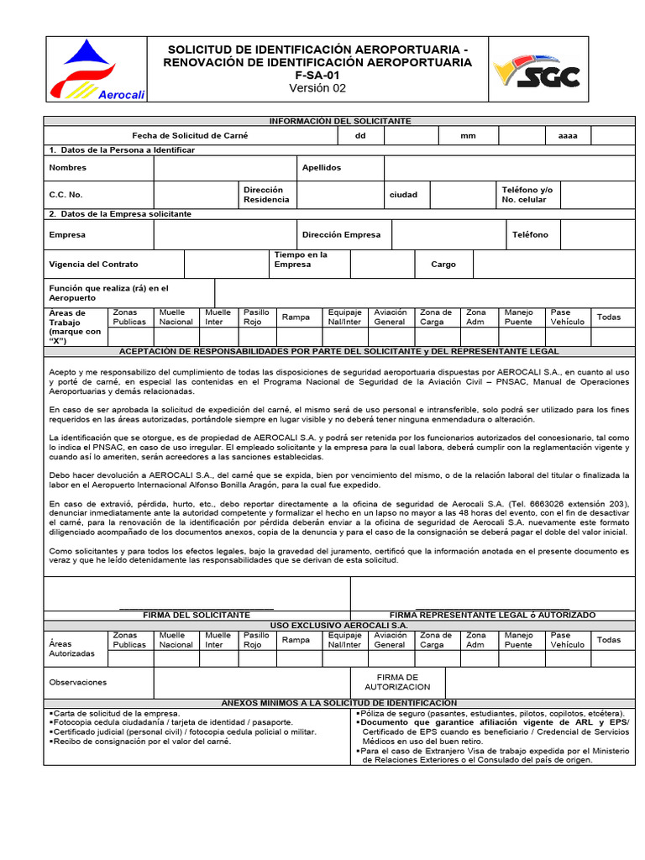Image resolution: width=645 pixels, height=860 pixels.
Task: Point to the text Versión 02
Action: click(x=317, y=88)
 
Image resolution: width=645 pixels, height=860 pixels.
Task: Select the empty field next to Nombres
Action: click(x=224, y=168)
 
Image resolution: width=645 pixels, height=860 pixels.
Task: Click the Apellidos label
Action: click(x=322, y=168)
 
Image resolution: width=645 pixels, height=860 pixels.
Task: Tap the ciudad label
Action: click(x=403, y=195)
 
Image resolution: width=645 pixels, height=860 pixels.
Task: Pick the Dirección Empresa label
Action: click(x=341, y=235)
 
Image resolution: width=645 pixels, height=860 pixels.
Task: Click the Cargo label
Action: click(x=443, y=265)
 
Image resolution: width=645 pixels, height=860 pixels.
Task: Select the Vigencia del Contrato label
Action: click(x=93, y=265)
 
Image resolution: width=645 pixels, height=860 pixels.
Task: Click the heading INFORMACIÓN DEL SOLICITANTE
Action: click(x=339, y=121)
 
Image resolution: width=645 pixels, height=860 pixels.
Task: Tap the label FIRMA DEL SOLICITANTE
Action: click(x=197, y=616)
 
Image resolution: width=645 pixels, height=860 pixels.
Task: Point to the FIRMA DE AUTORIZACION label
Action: click(x=397, y=682)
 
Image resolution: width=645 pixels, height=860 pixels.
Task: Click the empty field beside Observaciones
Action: click(x=251, y=682)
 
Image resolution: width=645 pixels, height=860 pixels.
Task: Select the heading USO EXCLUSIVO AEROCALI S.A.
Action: click(x=339, y=626)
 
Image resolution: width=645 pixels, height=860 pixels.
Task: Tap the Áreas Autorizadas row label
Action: click(x=72, y=648)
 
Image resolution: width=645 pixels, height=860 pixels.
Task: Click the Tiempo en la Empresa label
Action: click(x=301, y=260)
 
